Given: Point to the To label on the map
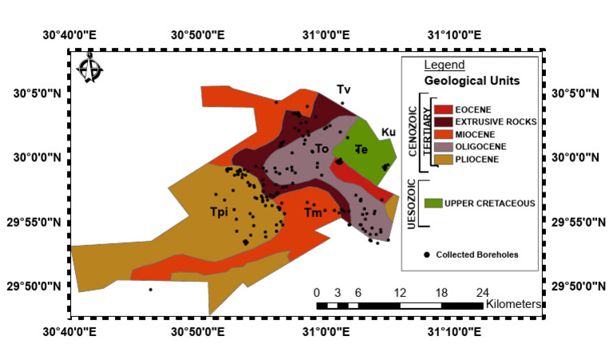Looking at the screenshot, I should [321, 148].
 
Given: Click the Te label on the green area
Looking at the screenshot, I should [361, 148].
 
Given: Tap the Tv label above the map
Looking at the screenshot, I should [343, 89].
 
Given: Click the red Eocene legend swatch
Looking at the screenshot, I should [444, 109].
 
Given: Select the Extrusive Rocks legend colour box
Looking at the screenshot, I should [444, 121].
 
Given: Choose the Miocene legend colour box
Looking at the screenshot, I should [444, 134].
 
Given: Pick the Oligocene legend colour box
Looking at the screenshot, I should [444, 147].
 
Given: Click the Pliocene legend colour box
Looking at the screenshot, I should [444, 160].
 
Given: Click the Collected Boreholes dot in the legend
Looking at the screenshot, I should [427, 255].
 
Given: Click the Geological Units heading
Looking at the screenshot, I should [472, 81].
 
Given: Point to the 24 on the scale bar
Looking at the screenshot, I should [483, 291].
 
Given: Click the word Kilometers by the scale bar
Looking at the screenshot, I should [514, 304].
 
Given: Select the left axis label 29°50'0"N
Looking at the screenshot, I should [34, 286].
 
